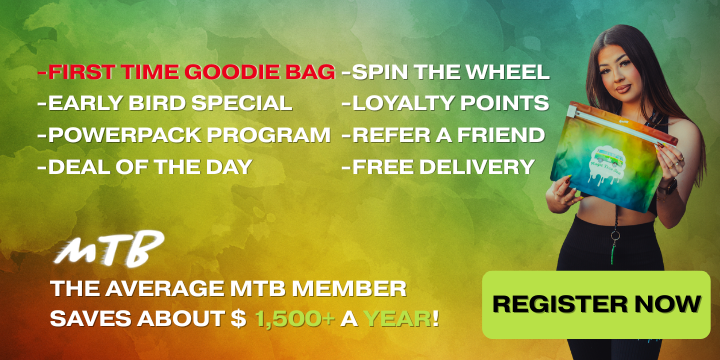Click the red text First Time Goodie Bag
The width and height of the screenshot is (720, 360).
186,72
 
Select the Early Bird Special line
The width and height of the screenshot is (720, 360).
165,103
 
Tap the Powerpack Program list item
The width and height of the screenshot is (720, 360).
184,135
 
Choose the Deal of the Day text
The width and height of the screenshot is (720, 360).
145,166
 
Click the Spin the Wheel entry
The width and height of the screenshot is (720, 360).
445,72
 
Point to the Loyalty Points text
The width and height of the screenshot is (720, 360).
445,103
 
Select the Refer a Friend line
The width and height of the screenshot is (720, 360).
443,135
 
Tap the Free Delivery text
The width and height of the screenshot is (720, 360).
438,166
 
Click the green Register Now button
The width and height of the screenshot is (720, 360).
596,304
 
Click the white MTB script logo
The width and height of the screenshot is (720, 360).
108,250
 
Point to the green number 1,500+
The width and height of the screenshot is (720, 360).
294,319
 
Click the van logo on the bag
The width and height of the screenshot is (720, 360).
607,157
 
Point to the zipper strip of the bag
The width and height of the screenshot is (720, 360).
621,123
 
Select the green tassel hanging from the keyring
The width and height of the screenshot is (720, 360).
613,253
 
